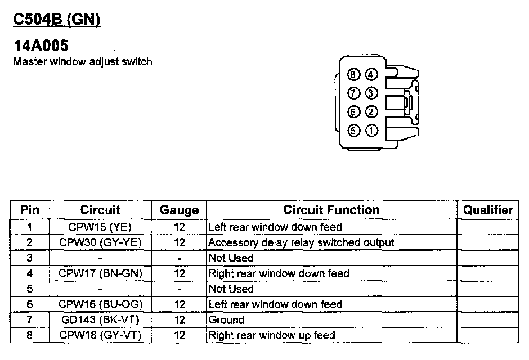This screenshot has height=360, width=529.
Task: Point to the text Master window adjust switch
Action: coord(82,61)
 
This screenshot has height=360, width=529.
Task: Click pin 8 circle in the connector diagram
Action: coord(353,75)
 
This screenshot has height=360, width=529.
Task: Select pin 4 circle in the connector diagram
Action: coord(371,75)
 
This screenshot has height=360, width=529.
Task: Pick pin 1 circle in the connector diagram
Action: coord(371,131)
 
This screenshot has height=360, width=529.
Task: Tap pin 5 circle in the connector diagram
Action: coord(353,131)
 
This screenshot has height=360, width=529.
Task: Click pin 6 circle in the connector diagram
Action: coord(353,112)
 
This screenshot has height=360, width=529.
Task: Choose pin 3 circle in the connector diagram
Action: coord(371,93)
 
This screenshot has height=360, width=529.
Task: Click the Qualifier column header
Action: coord(488,210)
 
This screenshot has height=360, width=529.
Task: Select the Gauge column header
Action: coord(179,210)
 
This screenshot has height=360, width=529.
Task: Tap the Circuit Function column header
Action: coord(331,210)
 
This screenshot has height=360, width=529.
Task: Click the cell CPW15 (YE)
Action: coord(100,227)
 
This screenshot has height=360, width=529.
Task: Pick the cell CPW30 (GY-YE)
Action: coord(100,243)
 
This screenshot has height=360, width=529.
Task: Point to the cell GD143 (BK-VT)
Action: coord(100,319)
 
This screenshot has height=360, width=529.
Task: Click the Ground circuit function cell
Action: coord(226,319)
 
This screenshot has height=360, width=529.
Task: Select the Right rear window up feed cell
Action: coord(271,335)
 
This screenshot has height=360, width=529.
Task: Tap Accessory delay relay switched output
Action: coord(301,243)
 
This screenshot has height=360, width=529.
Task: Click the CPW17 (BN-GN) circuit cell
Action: coord(100,273)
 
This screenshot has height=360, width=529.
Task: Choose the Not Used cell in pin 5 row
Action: coord(231,289)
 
